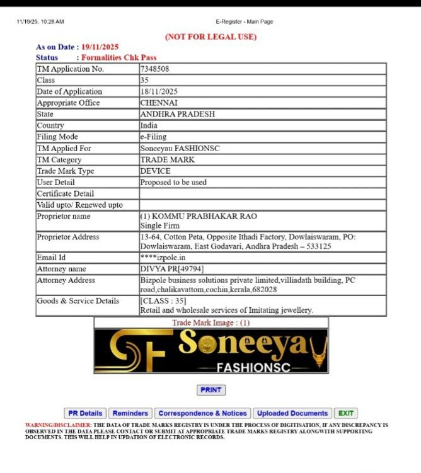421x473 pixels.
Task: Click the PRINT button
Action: point(211,390)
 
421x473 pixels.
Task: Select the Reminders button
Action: point(130,413)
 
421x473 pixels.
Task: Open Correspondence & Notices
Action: point(202,413)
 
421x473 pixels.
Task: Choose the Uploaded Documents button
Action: point(292,413)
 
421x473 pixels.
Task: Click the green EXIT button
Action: point(345,413)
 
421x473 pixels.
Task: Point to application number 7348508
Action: point(154,69)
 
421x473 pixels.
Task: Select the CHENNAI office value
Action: point(159,103)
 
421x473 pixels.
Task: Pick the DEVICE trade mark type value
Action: point(155,171)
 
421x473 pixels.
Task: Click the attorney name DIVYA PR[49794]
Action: point(172,269)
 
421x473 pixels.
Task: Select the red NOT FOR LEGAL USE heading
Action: point(211,37)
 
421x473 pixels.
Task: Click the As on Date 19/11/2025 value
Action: point(100,47)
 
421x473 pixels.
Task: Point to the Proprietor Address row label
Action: point(68,237)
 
